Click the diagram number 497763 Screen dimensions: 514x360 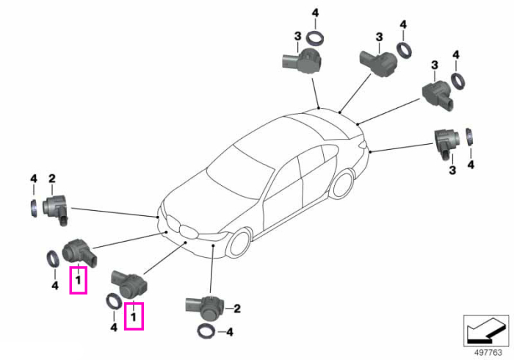tap(488, 353)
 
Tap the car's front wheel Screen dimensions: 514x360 tap(240, 244)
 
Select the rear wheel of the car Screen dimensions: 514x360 tap(342, 183)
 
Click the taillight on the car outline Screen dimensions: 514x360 tap(363, 143)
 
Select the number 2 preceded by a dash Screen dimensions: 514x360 tap(237, 308)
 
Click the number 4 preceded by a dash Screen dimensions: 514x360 tap(230, 332)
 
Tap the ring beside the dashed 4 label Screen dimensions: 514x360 tap(206, 332)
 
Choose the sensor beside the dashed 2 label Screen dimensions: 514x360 tap(205, 308)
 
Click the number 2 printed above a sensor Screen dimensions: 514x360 tap(52, 179)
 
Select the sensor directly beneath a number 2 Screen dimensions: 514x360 tap(56, 209)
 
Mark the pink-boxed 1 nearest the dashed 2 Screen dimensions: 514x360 tap(134, 317)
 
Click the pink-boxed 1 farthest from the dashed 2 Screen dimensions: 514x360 tap(78, 281)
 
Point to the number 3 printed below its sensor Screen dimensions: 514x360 tap(452, 170)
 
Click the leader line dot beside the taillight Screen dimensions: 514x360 tap(370, 152)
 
